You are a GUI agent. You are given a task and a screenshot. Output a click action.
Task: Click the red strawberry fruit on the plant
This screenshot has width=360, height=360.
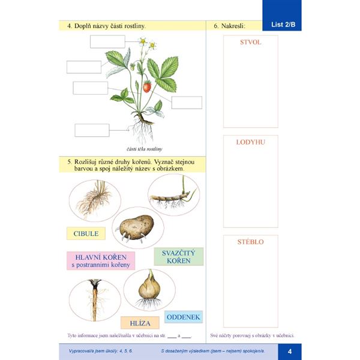146,87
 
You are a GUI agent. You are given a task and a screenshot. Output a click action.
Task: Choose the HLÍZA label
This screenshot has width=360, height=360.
140,323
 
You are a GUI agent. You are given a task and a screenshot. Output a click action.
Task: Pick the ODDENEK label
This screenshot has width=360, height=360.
184,317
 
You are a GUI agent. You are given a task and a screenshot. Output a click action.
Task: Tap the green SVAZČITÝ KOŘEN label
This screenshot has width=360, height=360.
179,257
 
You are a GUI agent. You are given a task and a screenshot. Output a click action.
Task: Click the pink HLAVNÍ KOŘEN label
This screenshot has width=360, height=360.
101,260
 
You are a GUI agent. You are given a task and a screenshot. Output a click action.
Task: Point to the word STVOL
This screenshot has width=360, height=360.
250,43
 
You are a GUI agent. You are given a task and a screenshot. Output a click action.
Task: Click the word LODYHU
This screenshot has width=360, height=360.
251,142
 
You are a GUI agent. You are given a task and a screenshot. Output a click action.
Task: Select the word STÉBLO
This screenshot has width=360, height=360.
251,242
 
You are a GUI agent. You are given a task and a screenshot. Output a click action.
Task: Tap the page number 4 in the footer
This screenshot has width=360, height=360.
289,351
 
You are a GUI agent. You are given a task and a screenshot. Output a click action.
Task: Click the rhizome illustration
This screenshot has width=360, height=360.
173,197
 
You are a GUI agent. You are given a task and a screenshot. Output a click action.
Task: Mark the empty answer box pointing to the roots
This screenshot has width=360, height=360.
92,130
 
